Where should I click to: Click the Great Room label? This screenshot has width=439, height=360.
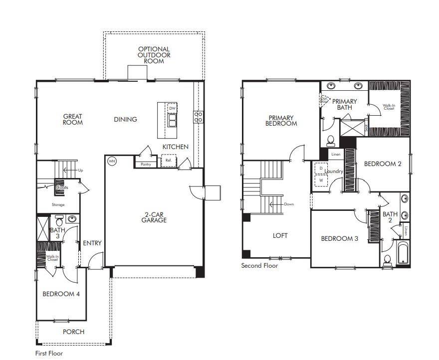pos(73,119)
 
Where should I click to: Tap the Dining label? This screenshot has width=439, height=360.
pos(125,119)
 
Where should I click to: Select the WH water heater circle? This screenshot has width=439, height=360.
pos(112,161)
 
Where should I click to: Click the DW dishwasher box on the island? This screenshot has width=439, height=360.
pos(172,108)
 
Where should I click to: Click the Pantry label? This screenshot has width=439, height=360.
pos(146,164)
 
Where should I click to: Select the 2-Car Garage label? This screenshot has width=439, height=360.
pos(154,217)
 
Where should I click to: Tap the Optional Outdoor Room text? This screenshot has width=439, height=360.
pos(154,55)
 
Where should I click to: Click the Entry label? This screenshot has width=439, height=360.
pos(92,243)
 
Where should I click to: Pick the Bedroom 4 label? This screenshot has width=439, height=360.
pos(61,294)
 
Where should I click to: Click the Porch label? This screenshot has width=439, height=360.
pos(73,332)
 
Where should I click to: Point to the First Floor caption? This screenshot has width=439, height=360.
pos(49,353)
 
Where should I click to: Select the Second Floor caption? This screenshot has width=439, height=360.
pos(259,266)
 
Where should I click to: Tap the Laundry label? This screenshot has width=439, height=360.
pos(334,172)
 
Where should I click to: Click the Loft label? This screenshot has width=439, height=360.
pos(280,236)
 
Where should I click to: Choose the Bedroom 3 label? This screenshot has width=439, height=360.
pos(339,238)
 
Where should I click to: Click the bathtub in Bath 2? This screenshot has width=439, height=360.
pos(403,253)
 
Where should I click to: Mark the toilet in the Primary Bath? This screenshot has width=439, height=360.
pos(330,141)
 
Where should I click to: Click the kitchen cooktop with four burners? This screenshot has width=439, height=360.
pos(198,117)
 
